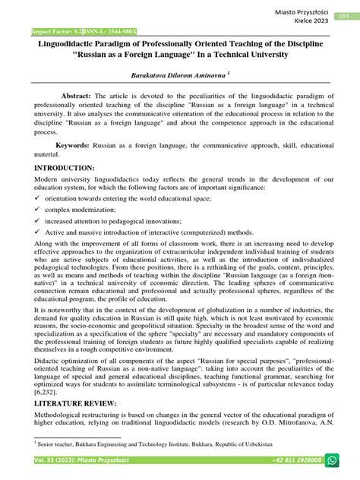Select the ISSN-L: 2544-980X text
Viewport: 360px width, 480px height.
(x=94, y=33)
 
